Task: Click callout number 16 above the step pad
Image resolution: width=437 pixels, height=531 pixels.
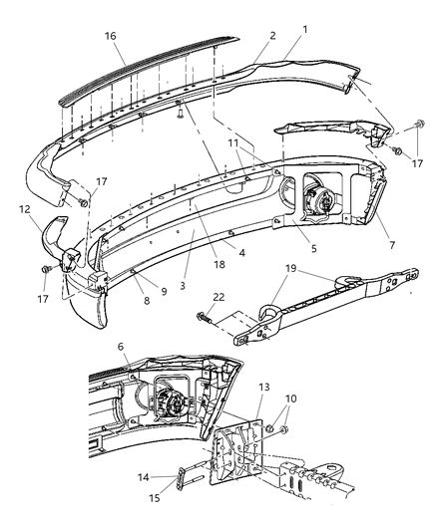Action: pyautogui.click(x=111, y=36)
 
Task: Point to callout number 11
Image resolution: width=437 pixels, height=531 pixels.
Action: pyautogui.click(x=232, y=143)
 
